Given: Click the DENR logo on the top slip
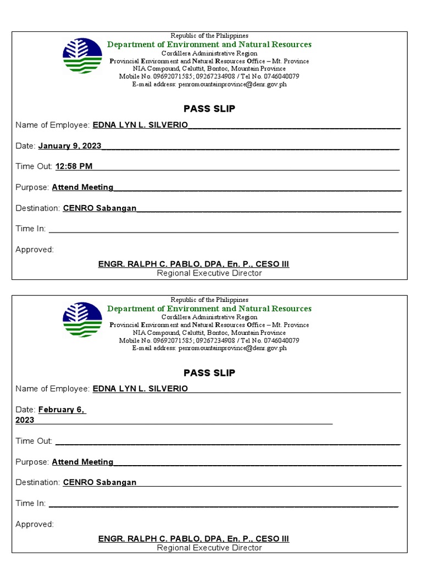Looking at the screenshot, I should pos(82,56).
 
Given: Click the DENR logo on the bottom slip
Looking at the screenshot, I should pos(82,319).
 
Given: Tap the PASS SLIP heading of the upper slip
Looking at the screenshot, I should pos(209,109).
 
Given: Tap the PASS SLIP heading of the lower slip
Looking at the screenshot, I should pos(209,373).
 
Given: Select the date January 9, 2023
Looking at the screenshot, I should pos(70,146).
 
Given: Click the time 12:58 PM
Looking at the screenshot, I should pos(74,167).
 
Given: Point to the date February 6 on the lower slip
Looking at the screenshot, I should pos(62,410).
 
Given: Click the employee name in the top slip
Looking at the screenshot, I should pos(140,125).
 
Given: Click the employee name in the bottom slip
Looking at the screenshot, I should pos(140,389).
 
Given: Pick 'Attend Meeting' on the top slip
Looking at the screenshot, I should pos(82,187).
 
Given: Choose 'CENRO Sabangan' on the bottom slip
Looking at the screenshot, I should pos(99,482).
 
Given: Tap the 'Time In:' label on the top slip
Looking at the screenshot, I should pos(31,229).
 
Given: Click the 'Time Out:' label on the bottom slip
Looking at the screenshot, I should pos(34,441).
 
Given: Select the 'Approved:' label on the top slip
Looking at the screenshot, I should pos(35,250).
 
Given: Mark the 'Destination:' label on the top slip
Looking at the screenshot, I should pos(38,208).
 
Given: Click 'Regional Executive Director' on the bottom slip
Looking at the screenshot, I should pos(209,548).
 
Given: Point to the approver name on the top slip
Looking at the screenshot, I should pos(193,264).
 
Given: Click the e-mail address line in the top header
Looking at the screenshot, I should pos(209,85).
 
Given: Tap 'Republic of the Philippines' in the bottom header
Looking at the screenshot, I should pos(209,300).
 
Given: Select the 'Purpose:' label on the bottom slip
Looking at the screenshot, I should pos(32,462).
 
